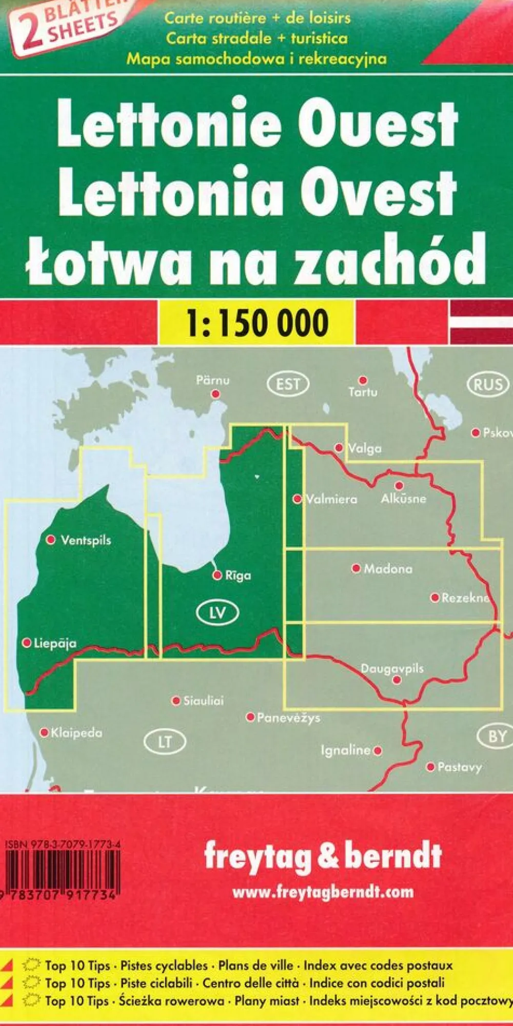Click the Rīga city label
click(x=239, y=576)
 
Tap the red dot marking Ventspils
click(x=51, y=540)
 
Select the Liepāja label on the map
click(x=55, y=643)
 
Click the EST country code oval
click(x=288, y=383)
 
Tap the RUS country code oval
click(x=488, y=385)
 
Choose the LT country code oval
click(x=165, y=742)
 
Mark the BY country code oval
click(x=497, y=737)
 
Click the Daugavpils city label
click(x=392, y=668)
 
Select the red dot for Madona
click(x=356, y=568)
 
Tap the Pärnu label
click(x=213, y=381)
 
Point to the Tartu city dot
click(x=363, y=381)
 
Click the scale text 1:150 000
click(x=257, y=323)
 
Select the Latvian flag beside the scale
click(x=481, y=322)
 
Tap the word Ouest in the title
click(x=379, y=125)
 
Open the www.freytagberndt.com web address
click(x=323, y=892)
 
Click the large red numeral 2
click(x=30, y=33)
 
